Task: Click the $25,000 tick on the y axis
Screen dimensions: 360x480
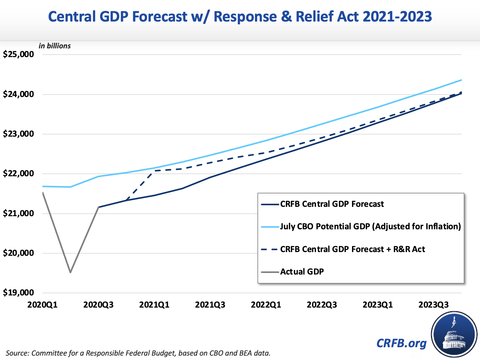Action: (x=18, y=54)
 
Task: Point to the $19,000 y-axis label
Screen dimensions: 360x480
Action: (x=18, y=293)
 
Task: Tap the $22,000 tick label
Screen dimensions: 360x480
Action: (x=18, y=173)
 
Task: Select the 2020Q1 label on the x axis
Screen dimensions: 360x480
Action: (x=42, y=305)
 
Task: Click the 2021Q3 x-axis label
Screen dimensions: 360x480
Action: (x=210, y=305)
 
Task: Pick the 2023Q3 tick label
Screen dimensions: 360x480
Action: (x=433, y=305)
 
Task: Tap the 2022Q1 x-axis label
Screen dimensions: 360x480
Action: (x=266, y=305)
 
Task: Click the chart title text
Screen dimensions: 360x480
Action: (x=240, y=17)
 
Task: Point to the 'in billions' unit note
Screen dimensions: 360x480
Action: (x=55, y=46)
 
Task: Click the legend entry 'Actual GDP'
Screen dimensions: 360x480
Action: (x=302, y=272)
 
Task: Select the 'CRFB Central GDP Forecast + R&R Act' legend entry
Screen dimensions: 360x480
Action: (x=352, y=249)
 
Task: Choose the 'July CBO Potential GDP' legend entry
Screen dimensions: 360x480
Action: (x=370, y=226)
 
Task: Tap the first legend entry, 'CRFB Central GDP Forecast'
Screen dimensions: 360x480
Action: (x=332, y=204)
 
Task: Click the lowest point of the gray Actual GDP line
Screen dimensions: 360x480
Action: (x=71, y=272)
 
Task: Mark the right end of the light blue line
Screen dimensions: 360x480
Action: (x=461, y=80)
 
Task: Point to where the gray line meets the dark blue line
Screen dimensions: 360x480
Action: (x=99, y=207)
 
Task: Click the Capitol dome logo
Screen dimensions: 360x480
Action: (x=454, y=334)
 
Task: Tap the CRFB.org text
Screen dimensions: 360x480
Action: (x=401, y=343)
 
